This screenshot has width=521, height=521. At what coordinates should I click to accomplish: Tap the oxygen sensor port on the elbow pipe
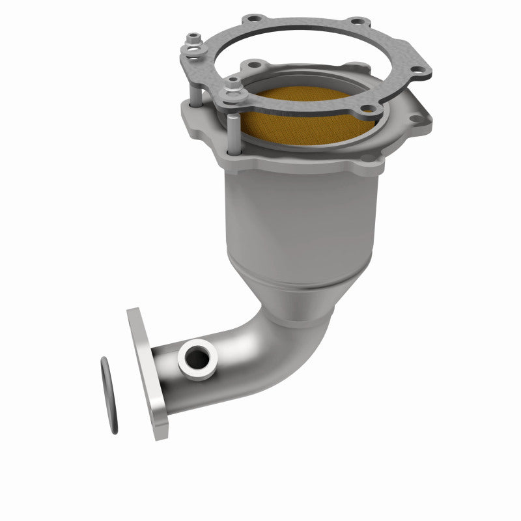(197, 358)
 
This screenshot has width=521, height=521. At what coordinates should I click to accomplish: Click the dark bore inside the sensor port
(197, 358)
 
